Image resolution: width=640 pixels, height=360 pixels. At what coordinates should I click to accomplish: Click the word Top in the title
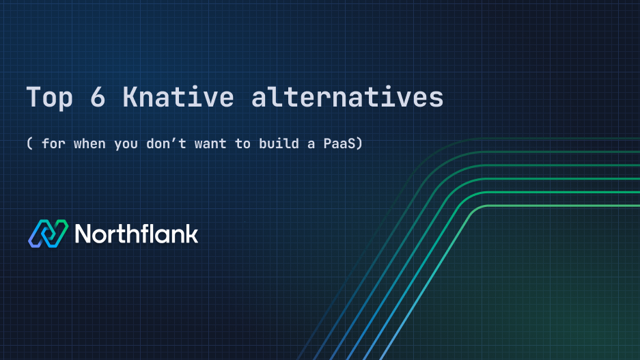[48, 98]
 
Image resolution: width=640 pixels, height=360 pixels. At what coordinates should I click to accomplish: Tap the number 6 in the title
[97, 98]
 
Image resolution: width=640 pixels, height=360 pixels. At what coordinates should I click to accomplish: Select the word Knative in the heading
[178, 98]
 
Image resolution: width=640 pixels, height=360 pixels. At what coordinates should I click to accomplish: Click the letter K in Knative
[130, 98]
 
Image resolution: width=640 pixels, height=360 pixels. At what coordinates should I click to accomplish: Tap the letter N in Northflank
[83, 234]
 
